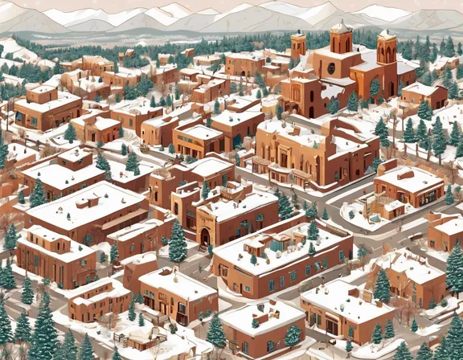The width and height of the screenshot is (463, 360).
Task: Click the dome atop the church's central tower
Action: coord(341,27)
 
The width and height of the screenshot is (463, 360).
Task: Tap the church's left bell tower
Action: coord(299,45)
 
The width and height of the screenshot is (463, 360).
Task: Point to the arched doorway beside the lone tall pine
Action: coord(204,235)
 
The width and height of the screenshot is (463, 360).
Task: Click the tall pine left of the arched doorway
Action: coord(178,241)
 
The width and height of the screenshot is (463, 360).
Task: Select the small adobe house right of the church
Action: coord(424,96)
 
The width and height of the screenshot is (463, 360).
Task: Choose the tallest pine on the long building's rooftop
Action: coord(313,231)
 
